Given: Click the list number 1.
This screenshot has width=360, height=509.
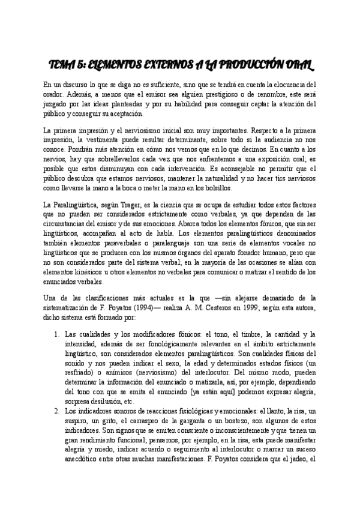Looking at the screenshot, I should tap(56, 334).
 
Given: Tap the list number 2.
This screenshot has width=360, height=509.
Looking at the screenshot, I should tap(56, 411).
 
